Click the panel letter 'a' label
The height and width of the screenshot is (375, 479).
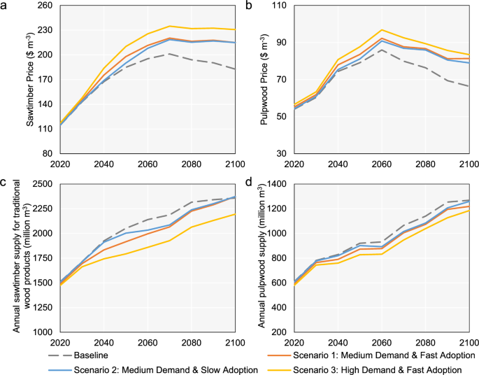pyautogui.click(x=4, y=5)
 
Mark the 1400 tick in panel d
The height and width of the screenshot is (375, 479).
pyautogui.click(x=285, y=184)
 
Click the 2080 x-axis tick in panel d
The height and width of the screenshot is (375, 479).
pyautogui.click(x=425, y=342)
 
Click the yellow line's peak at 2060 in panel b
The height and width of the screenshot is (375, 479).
pyautogui.click(x=381, y=30)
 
